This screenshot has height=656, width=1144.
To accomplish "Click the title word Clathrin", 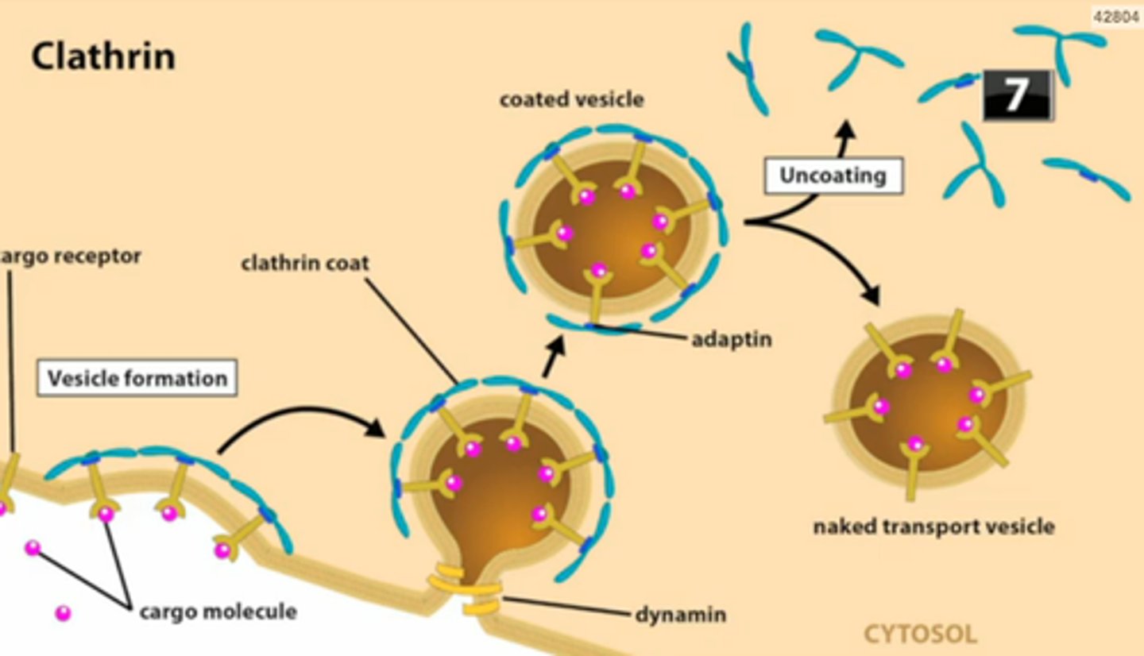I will click(103, 57).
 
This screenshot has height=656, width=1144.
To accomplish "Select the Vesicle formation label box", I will click(137, 378).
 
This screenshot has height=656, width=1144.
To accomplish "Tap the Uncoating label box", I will click(833, 176).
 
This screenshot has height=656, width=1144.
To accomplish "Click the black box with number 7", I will click(1018, 95).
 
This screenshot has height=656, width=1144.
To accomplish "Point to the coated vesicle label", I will click(571, 100).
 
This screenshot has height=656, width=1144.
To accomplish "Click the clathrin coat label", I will click(305, 263).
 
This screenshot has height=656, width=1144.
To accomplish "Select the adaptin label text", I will click(731, 340).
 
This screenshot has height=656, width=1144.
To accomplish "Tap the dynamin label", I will click(680, 614).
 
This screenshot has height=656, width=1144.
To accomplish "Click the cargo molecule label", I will click(218, 612).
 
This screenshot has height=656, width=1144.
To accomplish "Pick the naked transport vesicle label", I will click(933, 526).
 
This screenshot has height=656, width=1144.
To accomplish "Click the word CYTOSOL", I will click(920, 634).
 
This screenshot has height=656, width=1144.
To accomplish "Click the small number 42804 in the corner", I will click(1116, 17).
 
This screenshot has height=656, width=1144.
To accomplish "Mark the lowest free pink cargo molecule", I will click(62, 612).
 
